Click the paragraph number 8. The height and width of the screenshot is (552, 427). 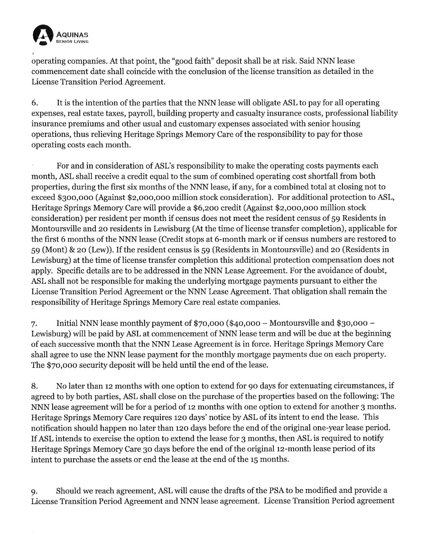[34, 371]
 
